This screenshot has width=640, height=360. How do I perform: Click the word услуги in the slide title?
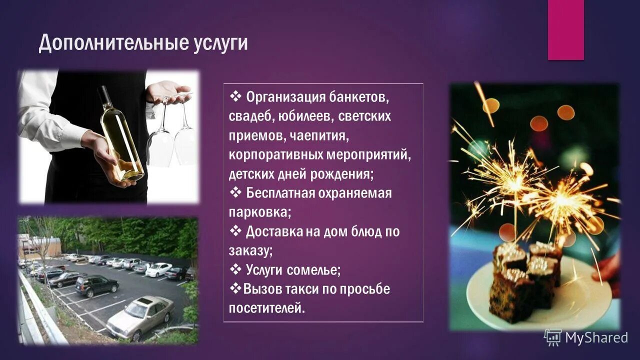(x=220, y=44)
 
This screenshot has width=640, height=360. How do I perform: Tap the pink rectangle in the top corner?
(x=565, y=30)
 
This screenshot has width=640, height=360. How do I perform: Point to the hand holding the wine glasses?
(x=167, y=91)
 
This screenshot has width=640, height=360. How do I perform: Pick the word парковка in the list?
(x=259, y=212)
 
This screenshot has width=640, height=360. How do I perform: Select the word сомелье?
(x=313, y=270)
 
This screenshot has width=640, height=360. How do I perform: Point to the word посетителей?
(x=266, y=308)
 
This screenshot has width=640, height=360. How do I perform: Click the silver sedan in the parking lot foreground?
(x=140, y=316)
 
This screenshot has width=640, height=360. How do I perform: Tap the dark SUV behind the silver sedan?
(x=96, y=285)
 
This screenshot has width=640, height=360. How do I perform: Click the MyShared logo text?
(x=596, y=338)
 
